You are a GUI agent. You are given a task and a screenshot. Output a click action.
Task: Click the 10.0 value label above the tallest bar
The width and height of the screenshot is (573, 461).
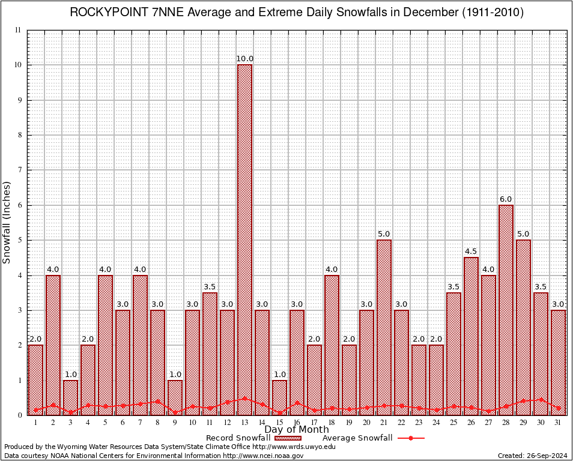pos(244,59)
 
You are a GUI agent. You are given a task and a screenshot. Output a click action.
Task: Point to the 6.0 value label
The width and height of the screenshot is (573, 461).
pos(506,199)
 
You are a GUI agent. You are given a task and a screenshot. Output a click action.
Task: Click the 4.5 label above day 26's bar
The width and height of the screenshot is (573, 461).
pos(471,252)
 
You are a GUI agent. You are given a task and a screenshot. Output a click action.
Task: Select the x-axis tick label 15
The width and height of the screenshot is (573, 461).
pos(279,423)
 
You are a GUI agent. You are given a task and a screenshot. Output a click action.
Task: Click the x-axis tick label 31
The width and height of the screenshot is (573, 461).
pos(558,423)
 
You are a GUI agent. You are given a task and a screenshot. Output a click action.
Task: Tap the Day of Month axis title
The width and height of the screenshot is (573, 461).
pos(296,430)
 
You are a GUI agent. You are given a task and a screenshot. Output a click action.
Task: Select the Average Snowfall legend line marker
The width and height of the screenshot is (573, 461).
pos(410,438)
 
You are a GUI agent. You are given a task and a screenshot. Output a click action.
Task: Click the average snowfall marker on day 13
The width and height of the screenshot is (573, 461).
pos(244,398)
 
